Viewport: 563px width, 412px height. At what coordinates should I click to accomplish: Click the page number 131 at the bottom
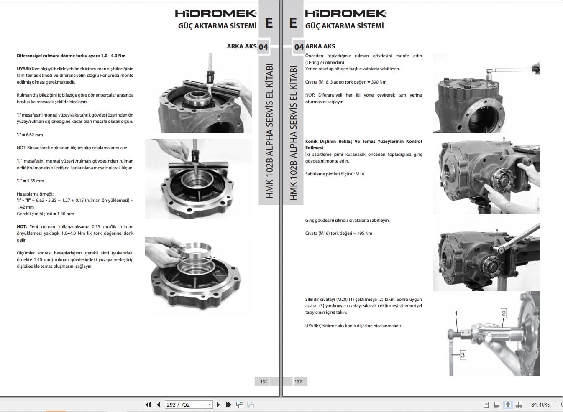pyautogui.click(x=264, y=381)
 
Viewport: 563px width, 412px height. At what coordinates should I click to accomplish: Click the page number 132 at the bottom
pyautogui.click(x=298, y=381)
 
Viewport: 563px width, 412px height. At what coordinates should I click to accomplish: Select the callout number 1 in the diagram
pyautogui.click(x=456, y=313)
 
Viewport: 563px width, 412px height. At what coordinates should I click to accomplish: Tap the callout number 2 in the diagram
pyautogui.click(x=504, y=313)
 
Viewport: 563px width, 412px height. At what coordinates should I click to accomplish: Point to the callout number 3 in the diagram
pyautogui.click(x=463, y=355)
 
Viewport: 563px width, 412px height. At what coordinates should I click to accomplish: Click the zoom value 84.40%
pyautogui.click(x=540, y=404)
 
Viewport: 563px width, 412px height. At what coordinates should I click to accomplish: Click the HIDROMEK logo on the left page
pyautogui.click(x=215, y=13)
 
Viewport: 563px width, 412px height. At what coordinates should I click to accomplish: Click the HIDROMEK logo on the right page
pyautogui.click(x=346, y=13)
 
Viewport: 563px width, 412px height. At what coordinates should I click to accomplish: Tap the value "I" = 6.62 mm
pyautogui.click(x=30, y=135)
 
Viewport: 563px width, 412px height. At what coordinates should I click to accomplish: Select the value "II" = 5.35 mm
pyautogui.click(x=30, y=181)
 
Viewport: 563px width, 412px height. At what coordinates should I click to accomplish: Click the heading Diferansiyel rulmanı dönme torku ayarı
pyautogui.click(x=71, y=56)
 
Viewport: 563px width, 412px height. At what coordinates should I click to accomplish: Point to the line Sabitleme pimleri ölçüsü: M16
pyautogui.click(x=335, y=174)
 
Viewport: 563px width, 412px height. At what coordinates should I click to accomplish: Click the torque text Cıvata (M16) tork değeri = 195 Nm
pyautogui.click(x=338, y=233)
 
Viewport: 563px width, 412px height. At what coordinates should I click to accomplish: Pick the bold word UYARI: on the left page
pyautogui.click(x=24, y=69)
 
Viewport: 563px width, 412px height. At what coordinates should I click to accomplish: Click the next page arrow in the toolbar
pyautogui.click(x=218, y=404)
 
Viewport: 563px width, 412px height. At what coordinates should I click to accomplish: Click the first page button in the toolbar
pyautogui.click(x=148, y=404)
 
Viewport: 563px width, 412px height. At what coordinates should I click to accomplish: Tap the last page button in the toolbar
pyautogui.click(x=228, y=404)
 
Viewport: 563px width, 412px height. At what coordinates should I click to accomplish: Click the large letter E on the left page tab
pyautogui.click(x=269, y=23)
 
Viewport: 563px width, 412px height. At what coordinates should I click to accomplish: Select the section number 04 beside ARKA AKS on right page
pyautogui.click(x=299, y=47)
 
